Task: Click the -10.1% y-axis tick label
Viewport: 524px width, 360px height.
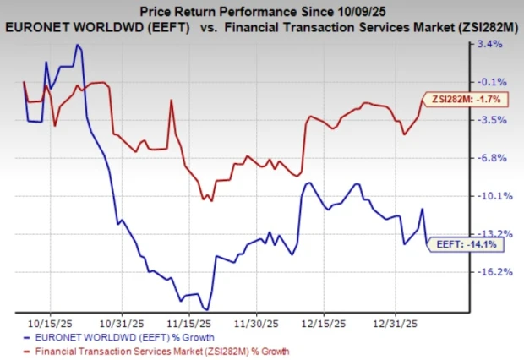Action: [x=490, y=196]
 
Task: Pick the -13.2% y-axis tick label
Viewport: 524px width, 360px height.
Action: [x=490, y=234]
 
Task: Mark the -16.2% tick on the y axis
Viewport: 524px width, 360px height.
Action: [x=490, y=272]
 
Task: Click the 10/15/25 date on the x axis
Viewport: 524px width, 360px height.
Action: [x=49, y=323]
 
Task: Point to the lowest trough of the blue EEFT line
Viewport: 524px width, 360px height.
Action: [x=206, y=309]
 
